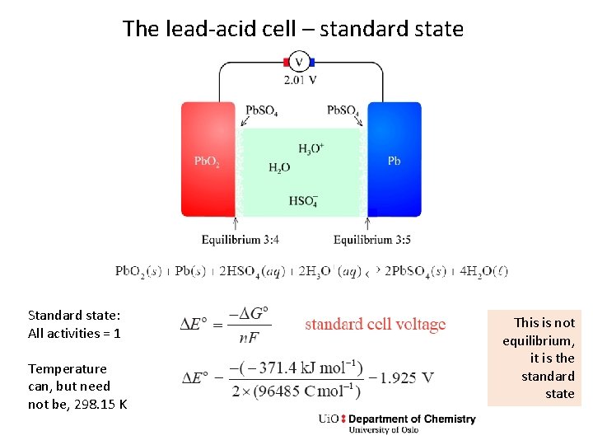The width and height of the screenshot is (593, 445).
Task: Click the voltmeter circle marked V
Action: (299, 62)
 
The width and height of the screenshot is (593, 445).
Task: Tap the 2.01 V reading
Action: (300, 80)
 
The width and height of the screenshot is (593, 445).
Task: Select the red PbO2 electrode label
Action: (207, 162)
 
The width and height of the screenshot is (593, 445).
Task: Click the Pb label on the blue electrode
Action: (395, 161)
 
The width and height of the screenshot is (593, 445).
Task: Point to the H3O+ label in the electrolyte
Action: (311, 149)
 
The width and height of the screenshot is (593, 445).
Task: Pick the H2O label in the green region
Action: (279, 168)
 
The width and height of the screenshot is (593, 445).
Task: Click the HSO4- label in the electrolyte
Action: (303, 200)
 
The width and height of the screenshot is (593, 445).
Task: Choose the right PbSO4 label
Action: (343, 110)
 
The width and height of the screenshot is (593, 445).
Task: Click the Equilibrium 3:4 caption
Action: (240, 240)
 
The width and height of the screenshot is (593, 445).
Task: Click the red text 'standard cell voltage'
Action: (375, 324)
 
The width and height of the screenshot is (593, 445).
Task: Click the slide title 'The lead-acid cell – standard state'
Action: (293, 30)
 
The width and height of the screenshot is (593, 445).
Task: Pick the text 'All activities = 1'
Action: (74, 333)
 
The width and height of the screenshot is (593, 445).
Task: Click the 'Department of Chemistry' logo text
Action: (412, 419)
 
